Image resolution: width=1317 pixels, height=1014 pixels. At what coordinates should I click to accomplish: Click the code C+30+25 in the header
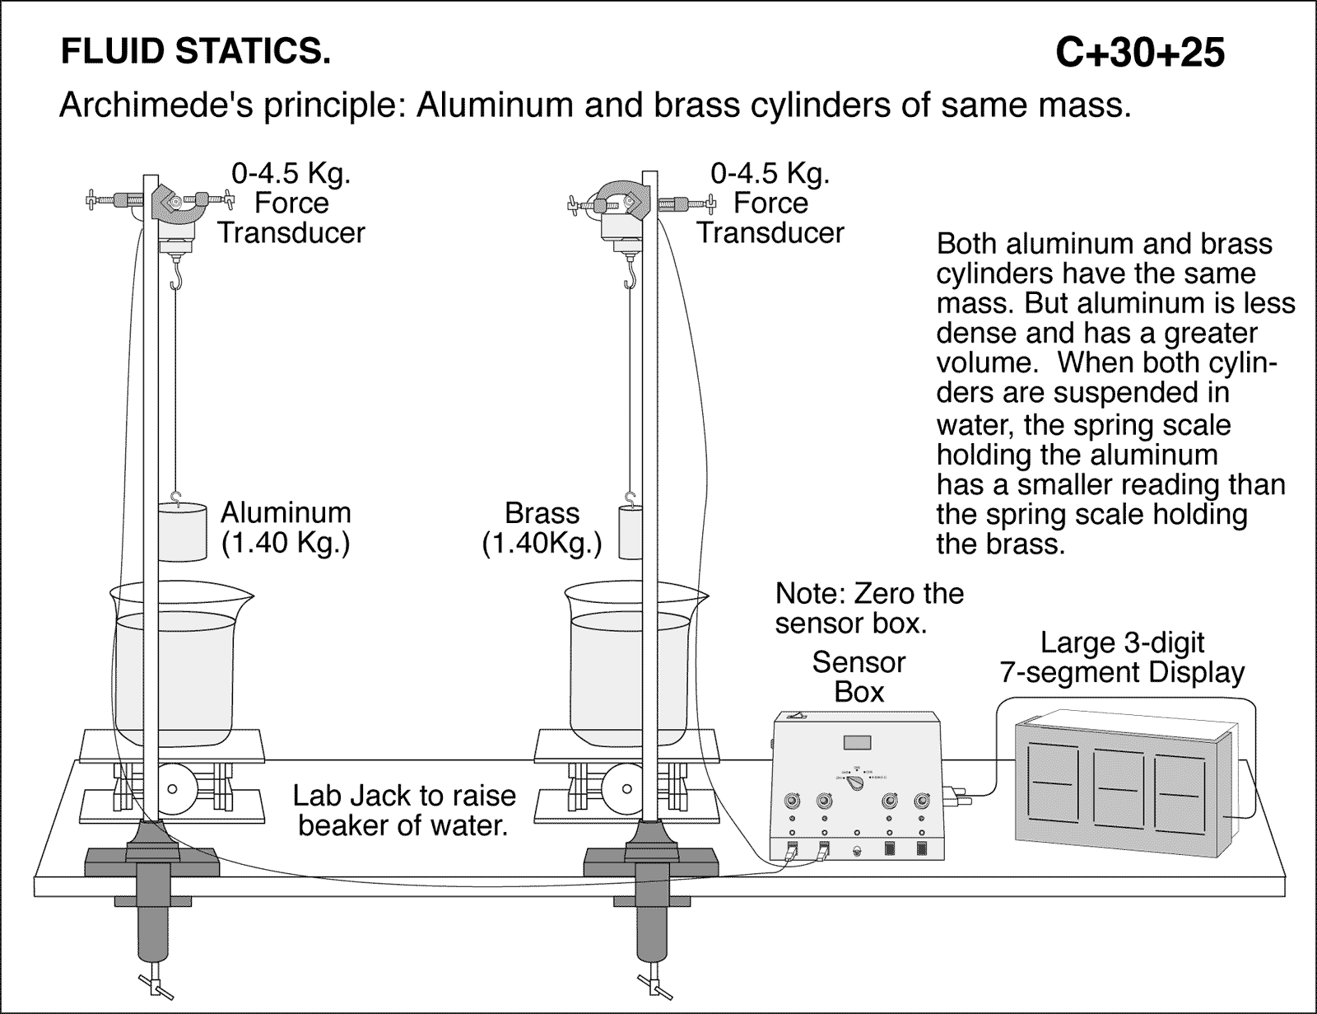pyautogui.click(x=1139, y=54)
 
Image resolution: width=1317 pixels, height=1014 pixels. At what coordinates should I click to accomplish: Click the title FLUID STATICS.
pyautogui.click(x=196, y=53)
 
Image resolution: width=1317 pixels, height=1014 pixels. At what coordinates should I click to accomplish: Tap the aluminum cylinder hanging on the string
pyautogui.click(x=182, y=532)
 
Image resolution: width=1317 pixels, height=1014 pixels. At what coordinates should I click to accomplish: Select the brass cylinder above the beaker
pyautogui.click(x=631, y=532)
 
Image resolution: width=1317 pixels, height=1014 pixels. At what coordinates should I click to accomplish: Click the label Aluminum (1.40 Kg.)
pyautogui.click(x=285, y=528)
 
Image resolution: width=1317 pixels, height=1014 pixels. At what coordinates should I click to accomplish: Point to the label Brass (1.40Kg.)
pyautogui.click(x=542, y=528)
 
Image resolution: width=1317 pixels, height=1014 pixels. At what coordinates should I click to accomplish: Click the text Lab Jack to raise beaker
pyautogui.click(x=403, y=810)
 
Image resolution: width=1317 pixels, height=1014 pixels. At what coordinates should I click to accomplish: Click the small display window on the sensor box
pyautogui.click(x=857, y=741)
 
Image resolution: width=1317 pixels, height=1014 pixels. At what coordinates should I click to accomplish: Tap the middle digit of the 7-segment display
pyautogui.click(x=1119, y=787)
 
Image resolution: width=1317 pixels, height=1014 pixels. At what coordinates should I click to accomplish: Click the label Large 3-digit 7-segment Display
pyautogui.click(x=1121, y=657)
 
